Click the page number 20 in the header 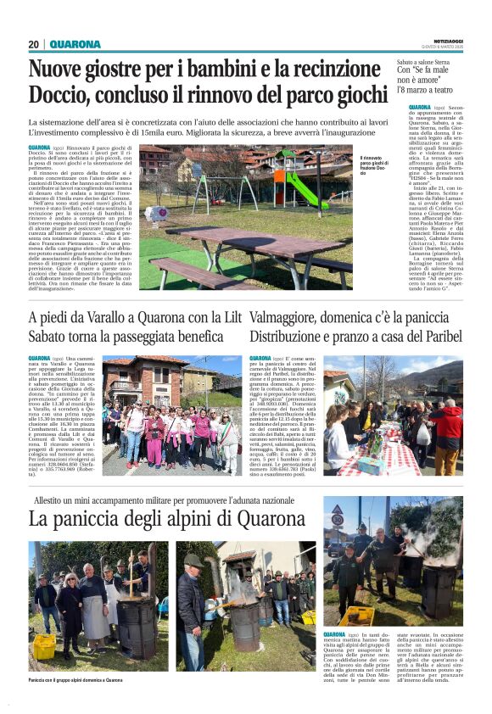click(x=34, y=44)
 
